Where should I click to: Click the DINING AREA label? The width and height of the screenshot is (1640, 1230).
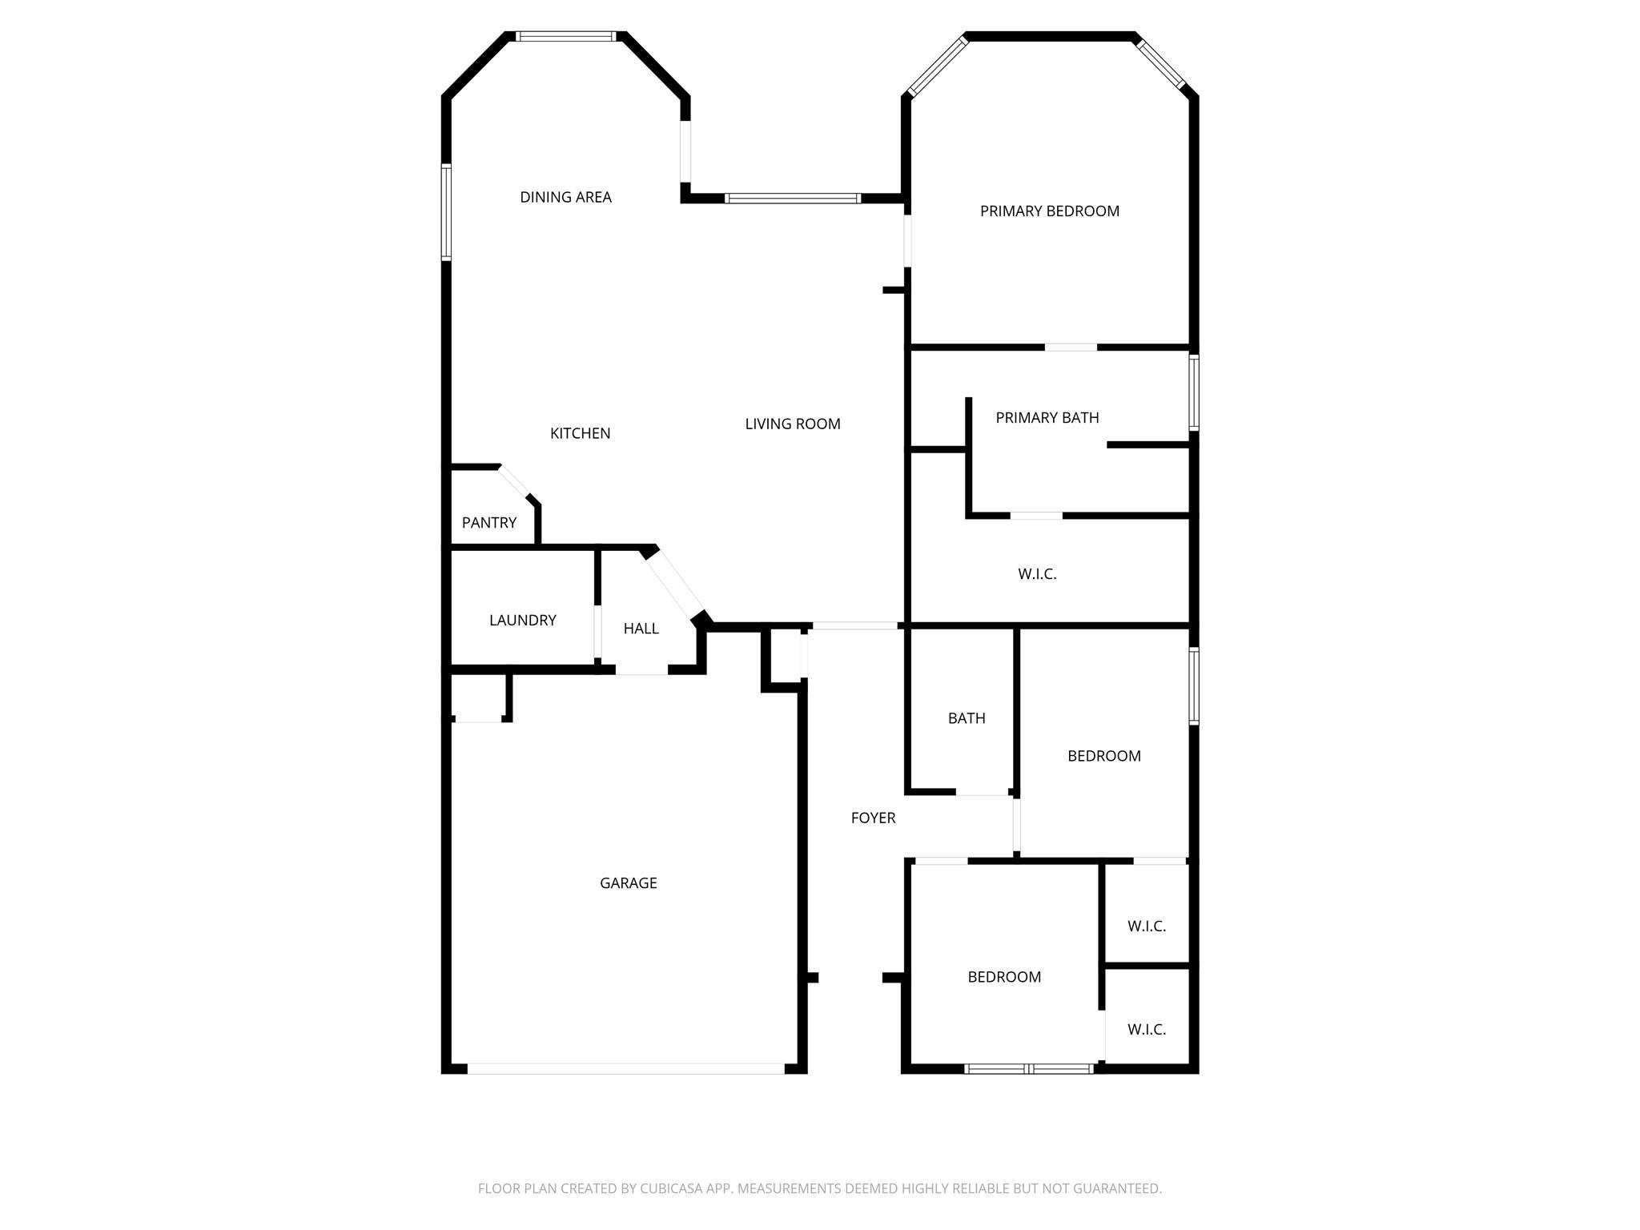click(x=565, y=197)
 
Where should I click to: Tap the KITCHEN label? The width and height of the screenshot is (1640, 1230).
click(x=580, y=433)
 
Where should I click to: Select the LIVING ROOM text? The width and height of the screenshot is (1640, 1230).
click(x=793, y=424)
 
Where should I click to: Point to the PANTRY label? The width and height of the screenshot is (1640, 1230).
click(x=489, y=523)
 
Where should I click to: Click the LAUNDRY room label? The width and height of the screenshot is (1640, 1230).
click(x=522, y=620)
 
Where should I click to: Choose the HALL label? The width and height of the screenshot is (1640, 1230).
click(x=641, y=629)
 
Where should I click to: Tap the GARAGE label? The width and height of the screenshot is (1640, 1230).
click(x=628, y=882)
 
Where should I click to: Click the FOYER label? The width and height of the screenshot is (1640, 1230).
click(x=873, y=818)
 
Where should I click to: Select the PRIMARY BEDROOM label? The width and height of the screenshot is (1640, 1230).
click(x=1049, y=211)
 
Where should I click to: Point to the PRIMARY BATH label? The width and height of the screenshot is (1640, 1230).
click(x=1047, y=417)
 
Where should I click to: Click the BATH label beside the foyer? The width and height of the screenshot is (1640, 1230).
click(x=967, y=718)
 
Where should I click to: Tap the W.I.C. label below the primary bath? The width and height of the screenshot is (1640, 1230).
click(x=1037, y=573)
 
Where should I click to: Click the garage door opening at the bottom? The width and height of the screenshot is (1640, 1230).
click(x=625, y=1068)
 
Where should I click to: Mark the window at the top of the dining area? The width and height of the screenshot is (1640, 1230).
click(x=566, y=36)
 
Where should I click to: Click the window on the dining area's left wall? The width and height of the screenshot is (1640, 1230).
click(x=446, y=212)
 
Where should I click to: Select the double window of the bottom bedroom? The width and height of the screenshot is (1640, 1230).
click(x=1029, y=1068)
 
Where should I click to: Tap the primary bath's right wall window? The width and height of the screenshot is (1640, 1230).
click(x=1194, y=393)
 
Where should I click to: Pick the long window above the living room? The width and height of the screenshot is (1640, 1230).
click(x=793, y=198)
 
